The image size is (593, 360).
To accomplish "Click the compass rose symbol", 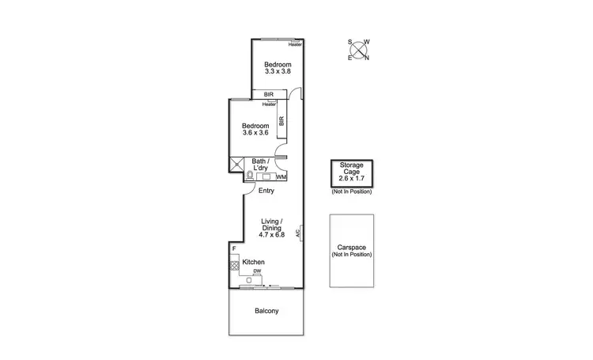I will coord(361,49).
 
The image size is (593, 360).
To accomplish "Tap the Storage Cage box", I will coord(352,173).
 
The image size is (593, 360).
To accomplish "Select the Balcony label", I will coord(266,311).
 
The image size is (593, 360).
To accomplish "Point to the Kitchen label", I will coord(253,262).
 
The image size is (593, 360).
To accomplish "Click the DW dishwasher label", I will coord(257,271).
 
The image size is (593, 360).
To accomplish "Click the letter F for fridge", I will coord(234,249).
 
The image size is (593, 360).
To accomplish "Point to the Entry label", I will coord(266,191).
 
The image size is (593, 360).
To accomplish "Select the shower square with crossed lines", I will coord(236,165).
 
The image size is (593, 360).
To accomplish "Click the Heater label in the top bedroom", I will coord(295,44).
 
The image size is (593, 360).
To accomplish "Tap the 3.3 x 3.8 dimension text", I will coord(278,72).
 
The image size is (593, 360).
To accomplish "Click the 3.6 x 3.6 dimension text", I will coord(255,133).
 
